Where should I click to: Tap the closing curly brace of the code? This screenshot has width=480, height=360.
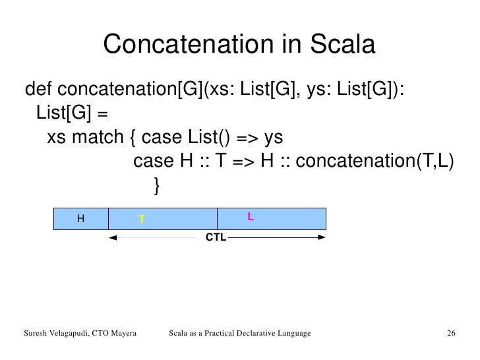156,187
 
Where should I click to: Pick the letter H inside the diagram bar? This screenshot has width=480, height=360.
80,218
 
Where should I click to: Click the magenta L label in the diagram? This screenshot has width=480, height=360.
251,216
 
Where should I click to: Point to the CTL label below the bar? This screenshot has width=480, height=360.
216,237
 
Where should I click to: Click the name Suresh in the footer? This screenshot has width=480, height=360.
37,336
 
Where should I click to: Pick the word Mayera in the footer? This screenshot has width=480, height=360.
121,336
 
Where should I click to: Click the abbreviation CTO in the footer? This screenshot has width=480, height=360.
94,336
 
